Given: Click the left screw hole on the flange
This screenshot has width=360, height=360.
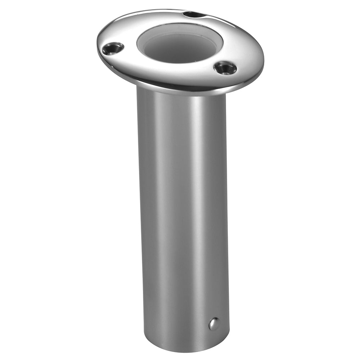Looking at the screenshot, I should click(x=112, y=48).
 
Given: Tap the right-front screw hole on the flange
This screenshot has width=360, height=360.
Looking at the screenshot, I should click(x=225, y=68).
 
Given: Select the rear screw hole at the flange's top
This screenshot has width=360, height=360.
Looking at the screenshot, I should click(x=193, y=15).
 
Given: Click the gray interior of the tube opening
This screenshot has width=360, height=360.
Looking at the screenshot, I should click(x=179, y=49).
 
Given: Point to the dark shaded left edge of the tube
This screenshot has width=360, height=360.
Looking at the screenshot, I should click(x=141, y=216).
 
